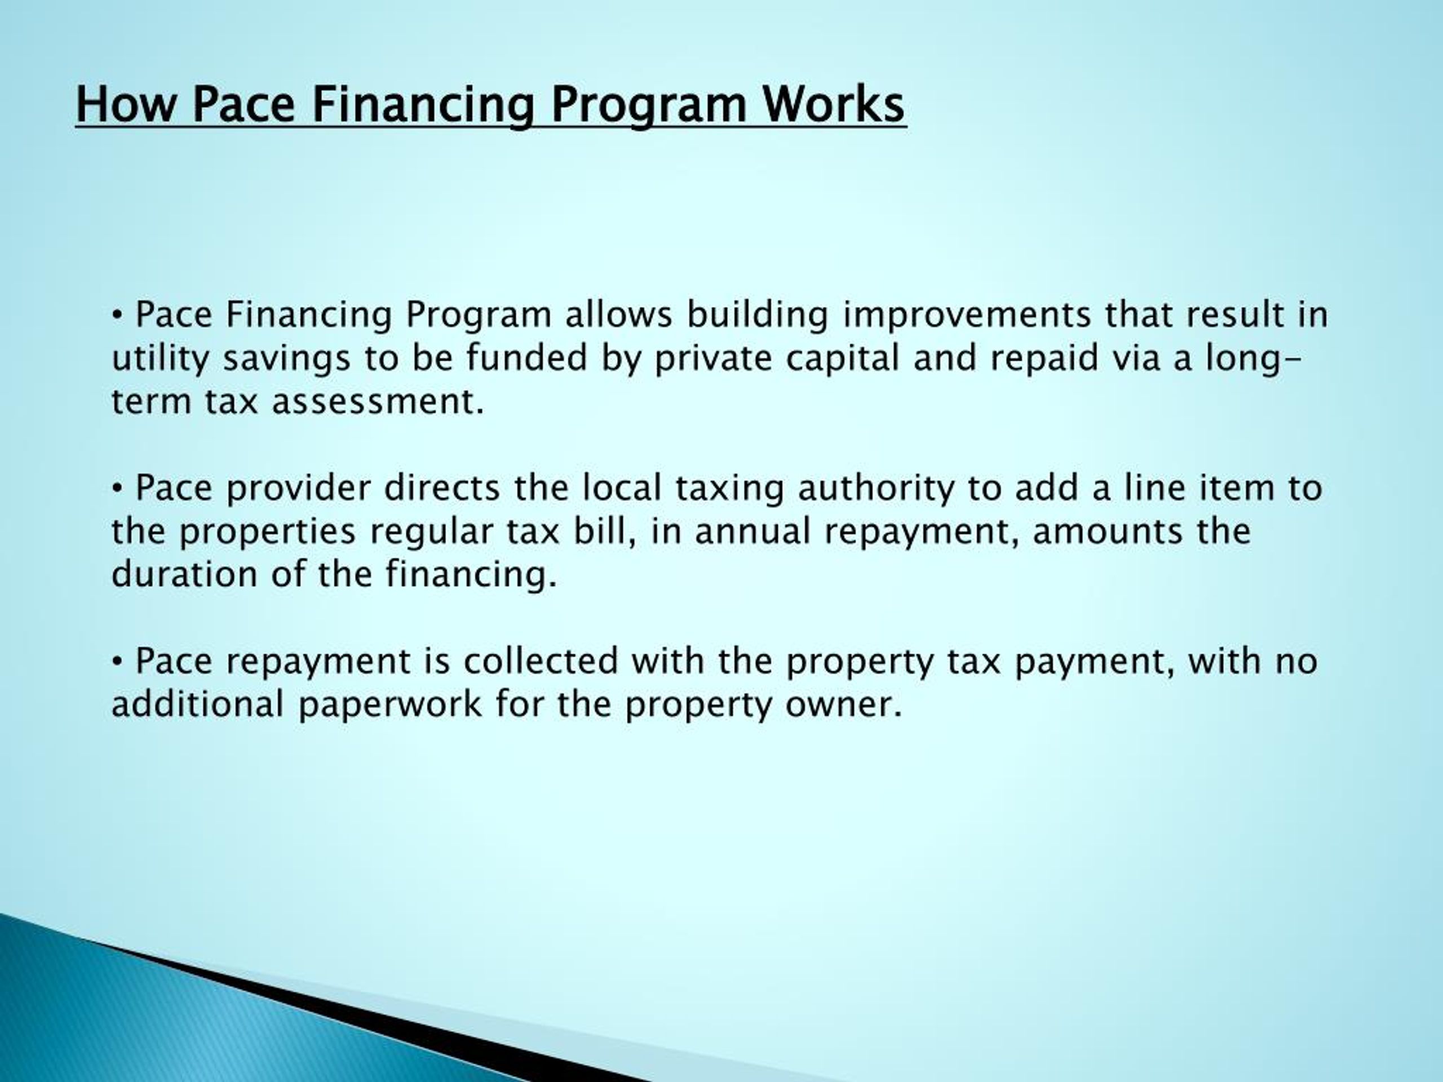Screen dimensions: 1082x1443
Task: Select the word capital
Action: tap(842, 360)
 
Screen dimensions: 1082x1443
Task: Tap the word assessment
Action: tap(378, 402)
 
